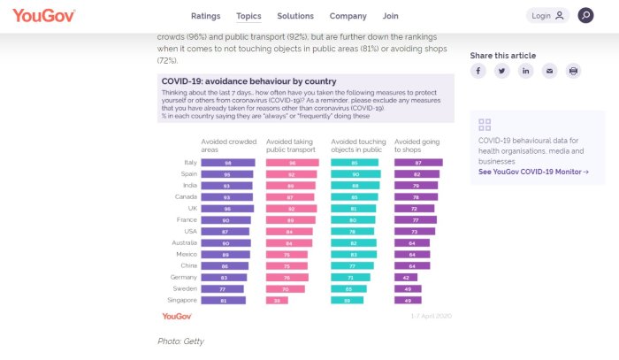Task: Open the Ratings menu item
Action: coord(205,16)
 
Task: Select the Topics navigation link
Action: coord(248,16)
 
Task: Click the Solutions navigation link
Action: coord(295,16)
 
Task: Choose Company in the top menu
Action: coord(348,16)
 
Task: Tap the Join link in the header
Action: coord(390,16)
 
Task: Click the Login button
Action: coord(547,16)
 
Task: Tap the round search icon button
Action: coord(585,16)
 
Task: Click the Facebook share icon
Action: coord(478,71)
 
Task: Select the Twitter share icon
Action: coord(501,71)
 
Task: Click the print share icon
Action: coord(574,71)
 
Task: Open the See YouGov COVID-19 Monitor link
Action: coord(533,172)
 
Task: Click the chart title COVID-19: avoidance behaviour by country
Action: coord(236,81)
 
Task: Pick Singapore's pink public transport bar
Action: coord(277,301)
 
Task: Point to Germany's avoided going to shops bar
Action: coord(407,277)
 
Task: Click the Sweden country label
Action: coord(186,288)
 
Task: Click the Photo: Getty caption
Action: coord(180,341)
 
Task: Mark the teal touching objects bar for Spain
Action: coord(355,174)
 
